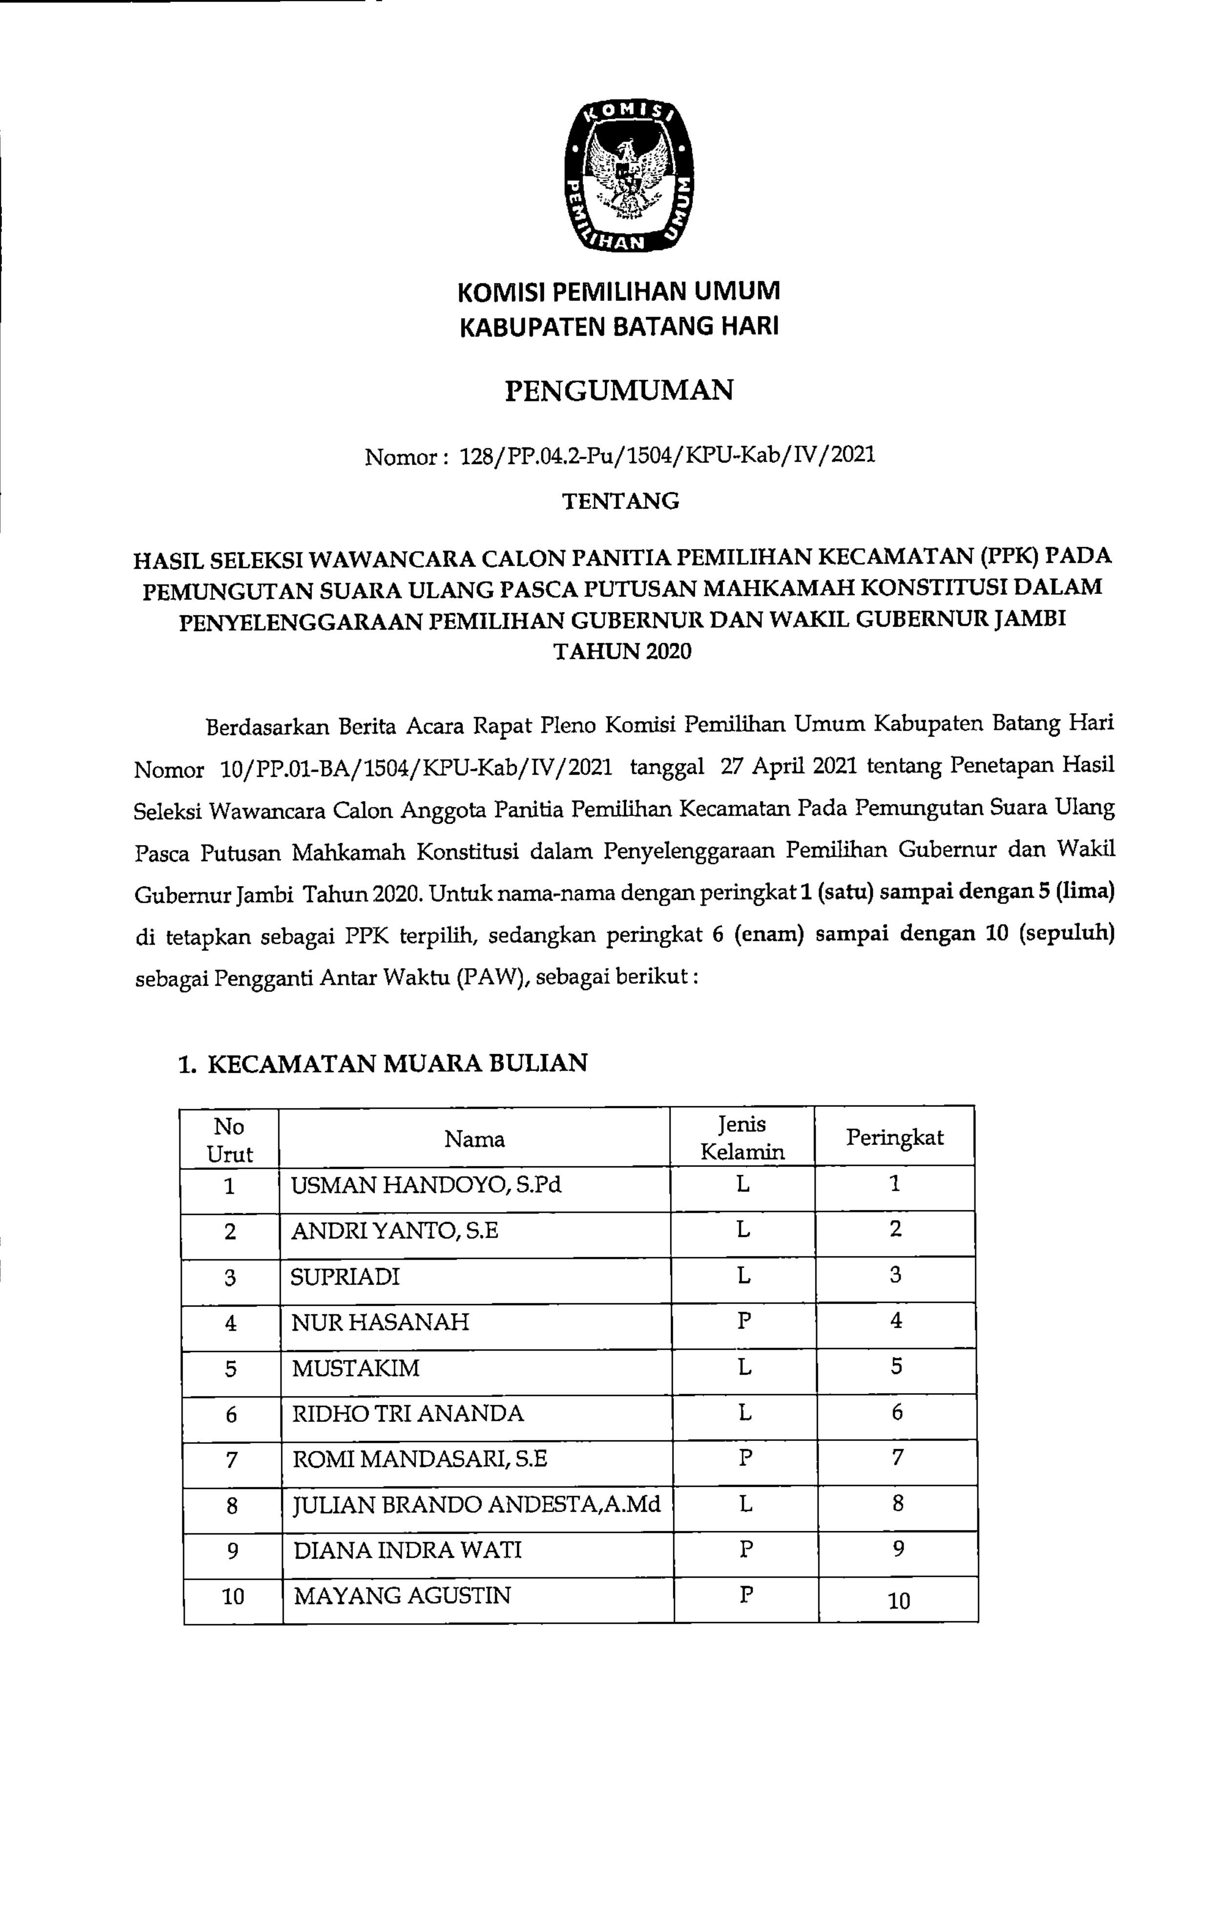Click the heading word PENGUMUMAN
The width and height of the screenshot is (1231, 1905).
[x=620, y=390]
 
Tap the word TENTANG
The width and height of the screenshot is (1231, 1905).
[x=620, y=501]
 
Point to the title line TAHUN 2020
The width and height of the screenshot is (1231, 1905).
[x=623, y=652]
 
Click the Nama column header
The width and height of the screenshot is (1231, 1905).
[x=474, y=1139]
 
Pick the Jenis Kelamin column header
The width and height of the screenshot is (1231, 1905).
[x=743, y=1139]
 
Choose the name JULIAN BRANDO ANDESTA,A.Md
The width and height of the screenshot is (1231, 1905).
[x=477, y=1505]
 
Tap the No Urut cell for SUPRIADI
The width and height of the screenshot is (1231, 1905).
[x=230, y=1277]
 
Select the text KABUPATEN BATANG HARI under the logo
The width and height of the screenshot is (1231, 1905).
[x=619, y=326]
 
